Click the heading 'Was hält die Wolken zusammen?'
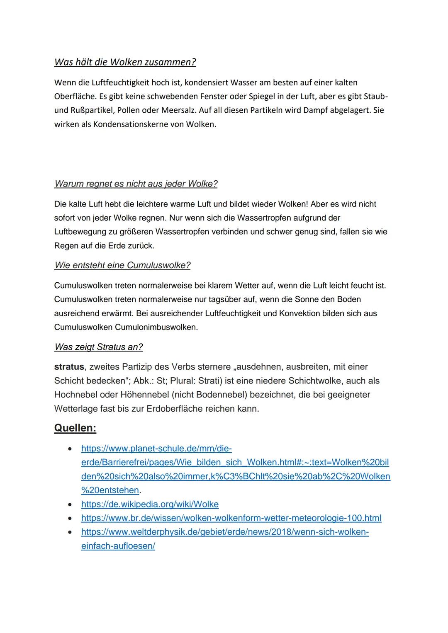(x=125, y=62)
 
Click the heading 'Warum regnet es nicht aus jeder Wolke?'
(x=136, y=184)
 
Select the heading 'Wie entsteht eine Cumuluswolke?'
(x=122, y=265)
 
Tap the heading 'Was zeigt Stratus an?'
(x=98, y=347)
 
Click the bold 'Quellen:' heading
(x=75, y=428)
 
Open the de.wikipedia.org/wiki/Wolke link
(x=150, y=504)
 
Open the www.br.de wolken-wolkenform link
(x=231, y=518)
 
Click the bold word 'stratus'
(x=69, y=367)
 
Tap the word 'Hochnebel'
(x=73, y=395)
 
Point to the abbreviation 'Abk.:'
(x=144, y=381)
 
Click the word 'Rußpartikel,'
(x=87, y=110)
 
